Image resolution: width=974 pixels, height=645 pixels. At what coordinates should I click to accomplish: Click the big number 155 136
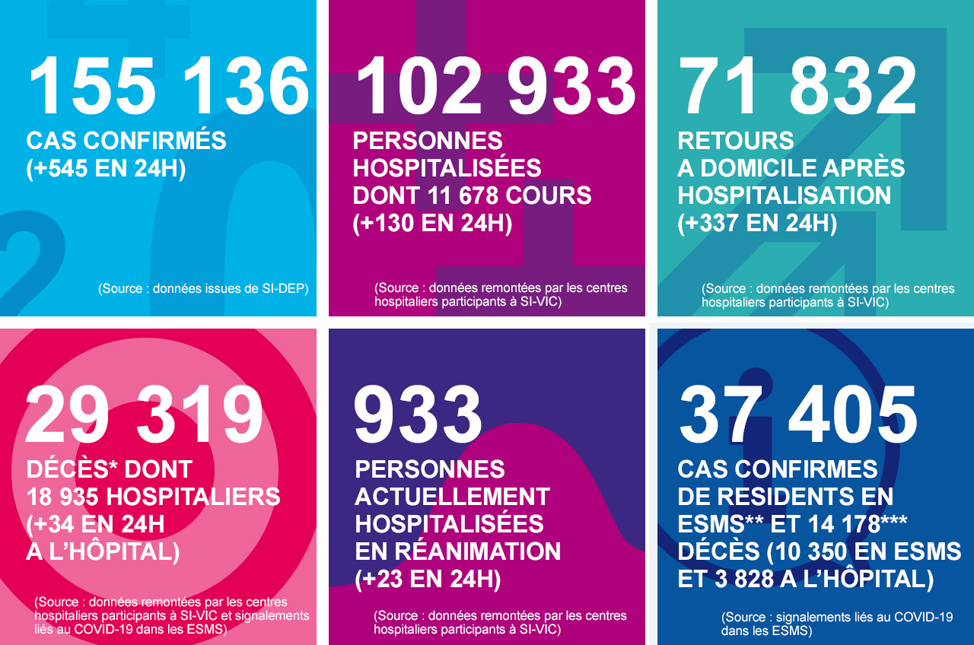coord(169,85)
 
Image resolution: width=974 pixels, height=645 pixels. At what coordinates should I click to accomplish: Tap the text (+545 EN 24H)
coord(106,168)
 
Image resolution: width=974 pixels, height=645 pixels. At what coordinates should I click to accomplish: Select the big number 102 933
coord(495,85)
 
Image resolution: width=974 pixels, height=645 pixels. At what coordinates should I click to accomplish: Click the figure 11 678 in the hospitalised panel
coord(471,195)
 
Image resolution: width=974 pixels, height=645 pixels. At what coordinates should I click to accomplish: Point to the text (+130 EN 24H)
coord(432,223)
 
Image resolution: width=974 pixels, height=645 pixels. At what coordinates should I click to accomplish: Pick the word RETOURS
coord(736,141)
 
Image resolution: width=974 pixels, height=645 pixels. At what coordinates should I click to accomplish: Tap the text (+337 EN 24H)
coord(757,223)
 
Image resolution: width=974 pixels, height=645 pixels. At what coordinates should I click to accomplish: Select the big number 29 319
coord(145,415)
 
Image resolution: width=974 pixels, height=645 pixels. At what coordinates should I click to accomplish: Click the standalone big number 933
coord(418,415)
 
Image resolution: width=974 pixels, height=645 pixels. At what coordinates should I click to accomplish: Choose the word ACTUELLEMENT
coord(452,497)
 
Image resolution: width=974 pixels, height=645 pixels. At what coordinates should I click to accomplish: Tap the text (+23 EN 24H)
coord(428,579)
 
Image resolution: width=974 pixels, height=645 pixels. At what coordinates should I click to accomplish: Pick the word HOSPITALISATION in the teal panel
coord(784,195)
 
